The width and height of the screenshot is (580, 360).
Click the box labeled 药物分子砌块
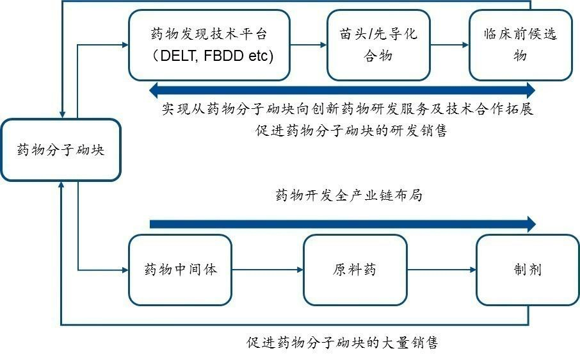tap(61, 150)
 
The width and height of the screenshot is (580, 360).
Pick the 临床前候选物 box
tap(520, 45)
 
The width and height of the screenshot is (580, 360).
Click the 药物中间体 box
tap(181, 269)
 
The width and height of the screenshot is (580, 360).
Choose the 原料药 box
tap(355, 269)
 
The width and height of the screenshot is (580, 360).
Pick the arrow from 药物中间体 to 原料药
tap(268, 270)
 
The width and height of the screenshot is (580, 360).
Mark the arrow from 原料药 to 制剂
tap(441, 270)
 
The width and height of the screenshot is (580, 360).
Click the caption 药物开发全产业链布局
tap(349, 196)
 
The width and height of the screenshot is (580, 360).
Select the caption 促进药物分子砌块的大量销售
tap(342, 342)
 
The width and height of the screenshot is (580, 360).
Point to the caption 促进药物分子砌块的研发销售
tap(350, 131)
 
